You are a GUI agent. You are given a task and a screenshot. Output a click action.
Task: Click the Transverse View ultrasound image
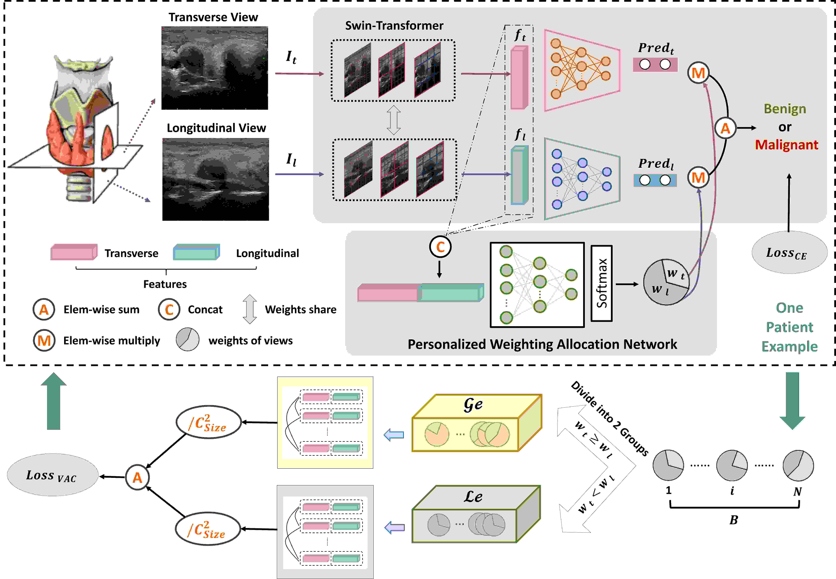215,68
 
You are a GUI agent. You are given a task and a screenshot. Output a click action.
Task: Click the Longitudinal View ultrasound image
216,179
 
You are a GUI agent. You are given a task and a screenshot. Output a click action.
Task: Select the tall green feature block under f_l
519,175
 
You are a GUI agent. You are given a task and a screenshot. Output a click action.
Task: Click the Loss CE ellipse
789,253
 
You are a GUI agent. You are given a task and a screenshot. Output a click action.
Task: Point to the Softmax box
601,283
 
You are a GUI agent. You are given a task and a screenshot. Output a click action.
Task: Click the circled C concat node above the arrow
440,247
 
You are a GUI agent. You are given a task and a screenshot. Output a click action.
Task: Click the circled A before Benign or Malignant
725,128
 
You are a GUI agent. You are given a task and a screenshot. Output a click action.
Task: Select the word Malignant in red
786,145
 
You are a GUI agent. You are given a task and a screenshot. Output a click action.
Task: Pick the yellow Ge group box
476,423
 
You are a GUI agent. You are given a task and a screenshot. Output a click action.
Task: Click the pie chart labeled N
798,465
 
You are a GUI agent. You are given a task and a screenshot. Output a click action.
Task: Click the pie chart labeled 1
668,465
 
